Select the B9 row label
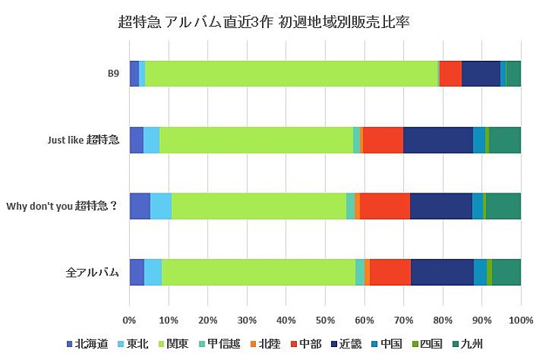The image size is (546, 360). (x=113, y=74)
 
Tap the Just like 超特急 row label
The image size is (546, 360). (x=83, y=140)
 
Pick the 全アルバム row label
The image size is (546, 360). (x=92, y=272)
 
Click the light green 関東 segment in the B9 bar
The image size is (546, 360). (x=291, y=74)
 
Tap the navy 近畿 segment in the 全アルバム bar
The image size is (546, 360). (x=442, y=272)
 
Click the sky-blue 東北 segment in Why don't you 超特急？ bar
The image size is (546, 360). (x=160, y=206)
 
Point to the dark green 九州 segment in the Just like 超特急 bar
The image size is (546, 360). (x=504, y=140)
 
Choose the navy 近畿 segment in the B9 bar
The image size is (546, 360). (x=480, y=74)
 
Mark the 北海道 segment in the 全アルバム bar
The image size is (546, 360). (x=136, y=272)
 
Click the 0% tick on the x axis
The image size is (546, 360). (x=129, y=319)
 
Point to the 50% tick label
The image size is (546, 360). (x=325, y=319)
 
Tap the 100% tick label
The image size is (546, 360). (x=521, y=319)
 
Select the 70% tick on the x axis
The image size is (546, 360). (x=403, y=319)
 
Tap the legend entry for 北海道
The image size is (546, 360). (x=87, y=344)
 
